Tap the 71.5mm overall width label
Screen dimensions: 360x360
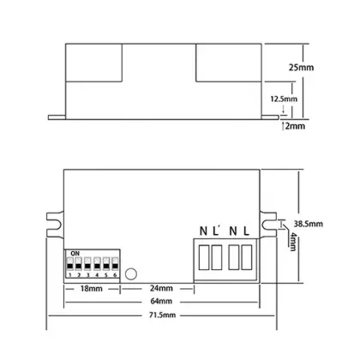coord(162,317)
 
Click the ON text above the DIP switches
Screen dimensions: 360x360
coord(75,253)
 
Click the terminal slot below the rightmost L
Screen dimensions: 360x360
coord(247,256)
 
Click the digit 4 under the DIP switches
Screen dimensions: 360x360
coord(96,275)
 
